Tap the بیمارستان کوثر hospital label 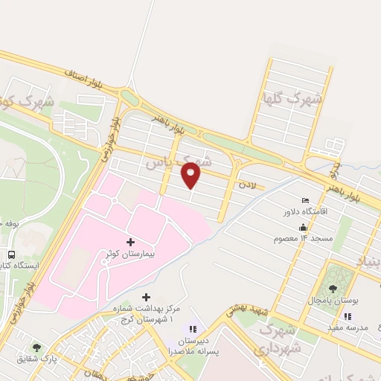[x=131, y=254]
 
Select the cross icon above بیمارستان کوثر [x=131, y=242]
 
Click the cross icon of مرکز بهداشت [x=146, y=297]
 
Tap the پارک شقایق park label [x=36, y=358]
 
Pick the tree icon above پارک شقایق [x=36, y=346]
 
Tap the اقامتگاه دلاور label [x=305, y=212]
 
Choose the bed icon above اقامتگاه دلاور [x=305, y=201]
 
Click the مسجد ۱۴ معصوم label [x=302, y=237]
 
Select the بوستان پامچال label [x=333, y=300]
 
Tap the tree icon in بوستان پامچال [x=333, y=288]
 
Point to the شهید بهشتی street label [x=251, y=314]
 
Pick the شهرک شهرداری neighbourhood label [x=281, y=339]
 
